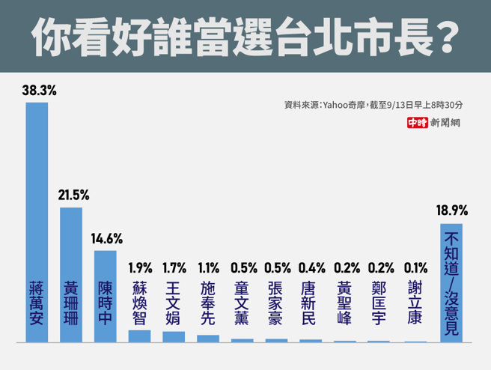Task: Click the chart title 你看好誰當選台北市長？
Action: pyautogui.click(x=246, y=36)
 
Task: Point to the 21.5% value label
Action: pyautogui.click(x=73, y=195)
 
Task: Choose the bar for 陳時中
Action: pyautogui.click(x=106, y=296)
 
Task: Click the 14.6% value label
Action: pyautogui.click(x=107, y=239)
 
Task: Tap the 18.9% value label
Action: pyautogui.click(x=452, y=210)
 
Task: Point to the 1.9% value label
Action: pyautogui.click(x=140, y=267)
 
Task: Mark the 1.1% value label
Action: pyautogui.click(x=208, y=267)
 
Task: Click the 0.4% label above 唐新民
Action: pyautogui.click(x=311, y=267)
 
